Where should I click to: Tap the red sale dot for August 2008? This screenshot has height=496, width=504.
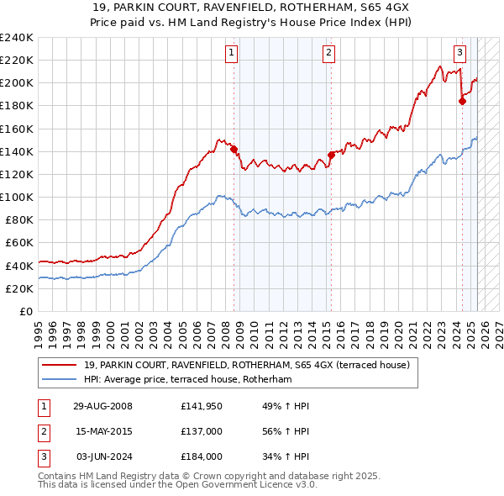click(x=234, y=150)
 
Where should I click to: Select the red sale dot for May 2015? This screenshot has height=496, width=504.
click(x=331, y=155)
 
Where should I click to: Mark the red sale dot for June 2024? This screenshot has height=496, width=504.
click(x=462, y=101)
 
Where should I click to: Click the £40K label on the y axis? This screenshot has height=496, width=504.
click(x=19, y=266)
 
